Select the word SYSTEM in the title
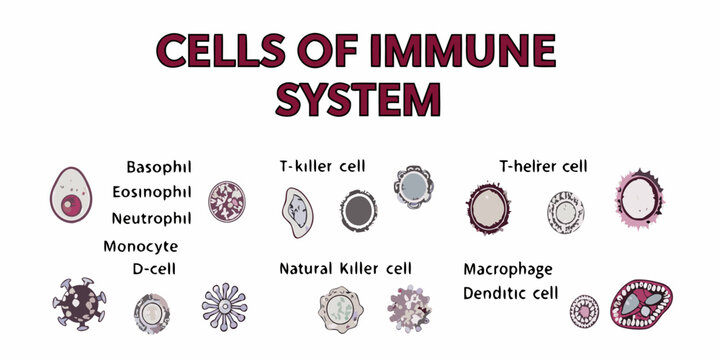click(358, 99)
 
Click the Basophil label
click(159, 166)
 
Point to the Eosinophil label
click(153, 192)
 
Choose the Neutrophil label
click(152, 218)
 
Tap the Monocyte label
click(141, 246)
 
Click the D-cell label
click(155, 269)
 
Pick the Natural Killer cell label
click(345, 269)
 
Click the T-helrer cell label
click(543, 166)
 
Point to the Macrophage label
click(508, 269)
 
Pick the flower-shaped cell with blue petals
click(224, 307)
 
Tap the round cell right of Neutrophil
click(225, 201)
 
